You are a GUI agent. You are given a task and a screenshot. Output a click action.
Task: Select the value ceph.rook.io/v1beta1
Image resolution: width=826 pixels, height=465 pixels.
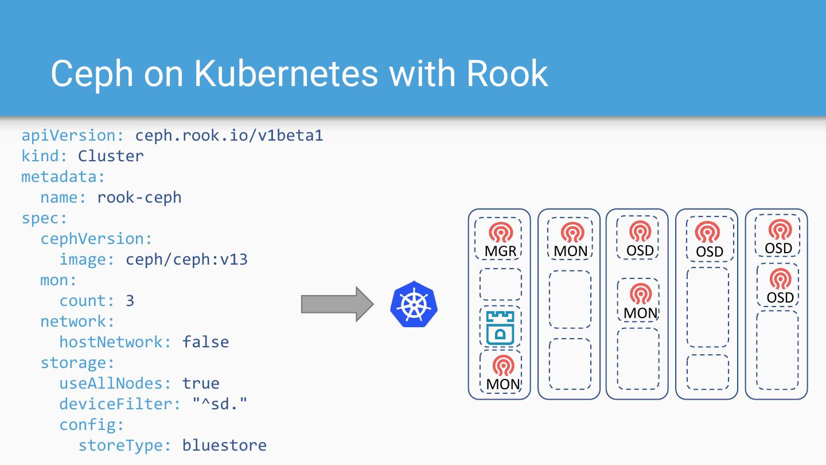(229, 135)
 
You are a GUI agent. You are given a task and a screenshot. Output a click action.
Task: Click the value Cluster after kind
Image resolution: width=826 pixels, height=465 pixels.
(111, 156)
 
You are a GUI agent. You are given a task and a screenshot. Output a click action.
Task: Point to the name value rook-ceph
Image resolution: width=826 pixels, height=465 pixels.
(139, 197)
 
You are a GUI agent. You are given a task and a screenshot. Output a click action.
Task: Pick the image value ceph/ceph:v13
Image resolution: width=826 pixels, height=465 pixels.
(186, 259)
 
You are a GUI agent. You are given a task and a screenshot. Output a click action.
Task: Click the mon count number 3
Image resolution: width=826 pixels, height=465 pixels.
(130, 301)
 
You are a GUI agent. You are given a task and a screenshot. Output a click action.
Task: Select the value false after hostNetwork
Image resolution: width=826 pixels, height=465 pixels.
(205, 342)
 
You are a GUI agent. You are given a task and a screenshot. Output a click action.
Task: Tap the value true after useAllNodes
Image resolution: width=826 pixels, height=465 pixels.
(201, 383)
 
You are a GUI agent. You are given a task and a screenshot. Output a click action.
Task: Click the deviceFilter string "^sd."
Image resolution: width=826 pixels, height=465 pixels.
(220, 404)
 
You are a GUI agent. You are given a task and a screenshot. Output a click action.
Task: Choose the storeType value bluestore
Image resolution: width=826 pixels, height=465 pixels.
(224, 445)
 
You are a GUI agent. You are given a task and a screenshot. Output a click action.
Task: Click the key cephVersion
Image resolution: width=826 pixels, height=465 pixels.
(96, 239)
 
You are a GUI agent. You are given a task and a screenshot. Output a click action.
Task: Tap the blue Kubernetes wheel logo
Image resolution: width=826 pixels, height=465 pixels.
(414, 304)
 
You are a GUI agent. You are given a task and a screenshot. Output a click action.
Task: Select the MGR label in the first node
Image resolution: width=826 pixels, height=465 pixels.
(500, 251)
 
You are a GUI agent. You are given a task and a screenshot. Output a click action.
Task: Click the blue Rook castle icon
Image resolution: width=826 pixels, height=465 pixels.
(500, 328)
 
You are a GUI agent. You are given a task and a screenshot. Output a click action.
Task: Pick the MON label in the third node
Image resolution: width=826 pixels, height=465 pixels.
(640, 313)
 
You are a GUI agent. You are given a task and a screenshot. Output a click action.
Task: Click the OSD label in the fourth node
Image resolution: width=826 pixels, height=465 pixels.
(710, 252)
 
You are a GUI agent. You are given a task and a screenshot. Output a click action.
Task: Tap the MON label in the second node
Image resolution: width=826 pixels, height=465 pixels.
(570, 251)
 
